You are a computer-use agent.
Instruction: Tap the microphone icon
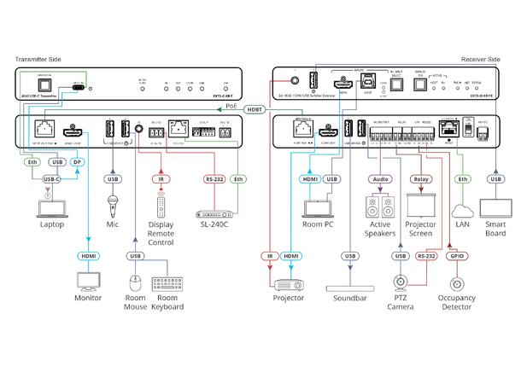click(112, 206)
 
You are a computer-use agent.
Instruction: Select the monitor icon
click(88, 281)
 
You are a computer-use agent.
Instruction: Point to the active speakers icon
click(379, 207)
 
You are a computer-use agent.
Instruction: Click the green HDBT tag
click(254, 110)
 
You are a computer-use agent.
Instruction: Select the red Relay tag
click(421, 179)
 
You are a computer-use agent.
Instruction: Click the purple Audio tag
click(379, 179)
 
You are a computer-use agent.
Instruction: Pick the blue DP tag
click(76, 162)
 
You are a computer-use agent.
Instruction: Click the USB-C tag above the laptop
click(51, 179)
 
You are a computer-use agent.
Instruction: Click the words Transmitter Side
click(39, 60)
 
